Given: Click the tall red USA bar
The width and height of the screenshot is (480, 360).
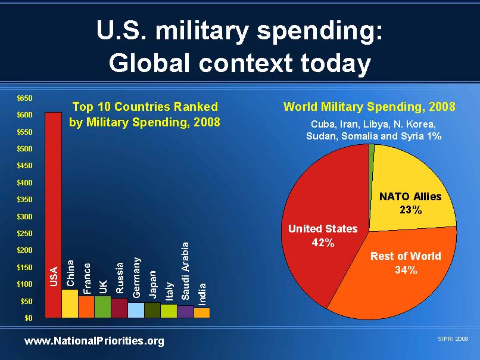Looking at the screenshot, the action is pyautogui.click(x=53, y=215).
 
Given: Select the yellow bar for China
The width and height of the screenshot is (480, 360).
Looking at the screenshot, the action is pyautogui.click(x=70, y=303).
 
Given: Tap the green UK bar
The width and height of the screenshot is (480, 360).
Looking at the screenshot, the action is pyautogui.click(x=102, y=307).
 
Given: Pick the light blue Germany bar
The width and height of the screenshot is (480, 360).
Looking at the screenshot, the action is pyautogui.click(x=136, y=310).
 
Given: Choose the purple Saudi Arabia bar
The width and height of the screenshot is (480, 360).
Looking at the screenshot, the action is pyautogui.click(x=186, y=312).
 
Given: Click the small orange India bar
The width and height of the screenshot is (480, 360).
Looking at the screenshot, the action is pyautogui.click(x=202, y=313).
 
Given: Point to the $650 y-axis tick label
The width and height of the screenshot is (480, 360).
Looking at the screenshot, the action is pyautogui.click(x=24, y=98).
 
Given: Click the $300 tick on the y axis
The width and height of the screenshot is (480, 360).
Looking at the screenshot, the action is pyautogui.click(x=24, y=216).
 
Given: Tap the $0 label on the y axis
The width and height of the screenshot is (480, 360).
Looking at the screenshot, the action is pyautogui.click(x=29, y=318).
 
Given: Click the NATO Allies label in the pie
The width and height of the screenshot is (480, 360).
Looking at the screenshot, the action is pyautogui.click(x=410, y=197).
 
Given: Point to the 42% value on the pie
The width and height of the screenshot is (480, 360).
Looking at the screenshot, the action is pyautogui.click(x=323, y=243).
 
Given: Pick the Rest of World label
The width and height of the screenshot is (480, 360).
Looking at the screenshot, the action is pyautogui.click(x=406, y=256).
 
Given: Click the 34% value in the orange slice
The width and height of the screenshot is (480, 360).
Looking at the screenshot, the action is pyautogui.click(x=406, y=270).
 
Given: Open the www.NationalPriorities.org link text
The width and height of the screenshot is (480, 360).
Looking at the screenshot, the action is pyautogui.click(x=94, y=341).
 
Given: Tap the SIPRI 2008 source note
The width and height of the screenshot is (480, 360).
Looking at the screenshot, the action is pyautogui.click(x=453, y=339).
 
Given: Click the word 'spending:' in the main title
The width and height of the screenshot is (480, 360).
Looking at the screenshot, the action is pyautogui.click(x=320, y=32).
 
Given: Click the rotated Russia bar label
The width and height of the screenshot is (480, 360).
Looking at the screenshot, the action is pyautogui.click(x=119, y=278).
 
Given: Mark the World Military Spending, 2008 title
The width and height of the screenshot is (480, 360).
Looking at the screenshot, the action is pyautogui.click(x=369, y=107).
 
